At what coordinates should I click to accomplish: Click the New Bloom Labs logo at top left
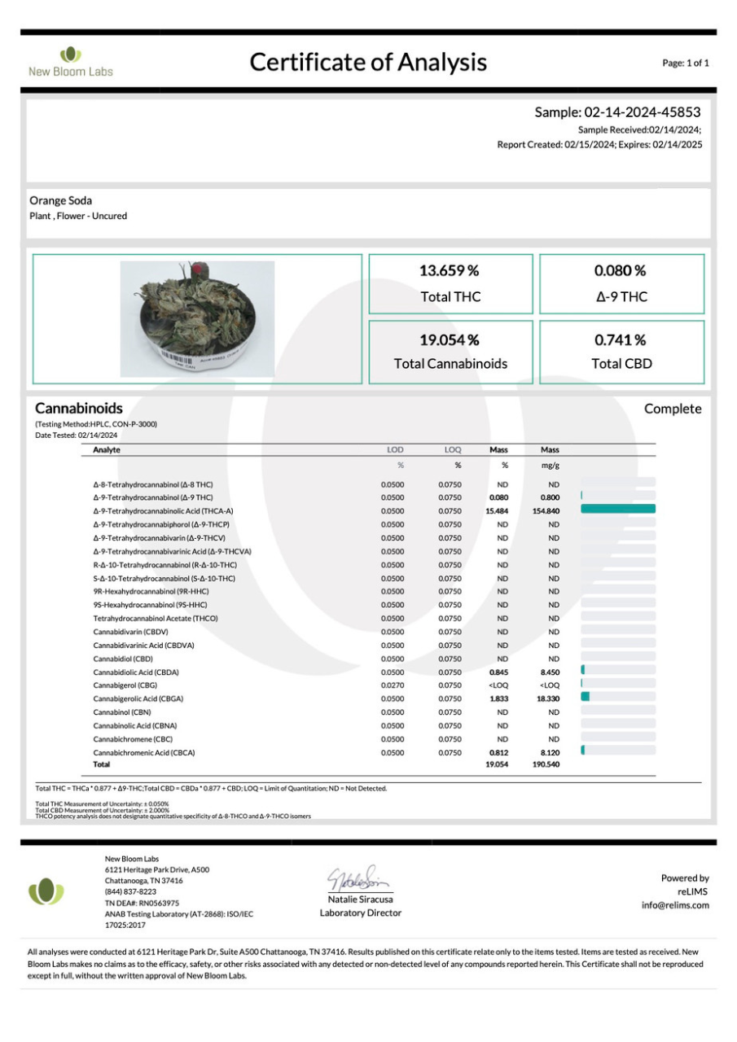pyautogui.click(x=71, y=62)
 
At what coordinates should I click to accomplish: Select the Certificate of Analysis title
pyautogui.click(x=368, y=62)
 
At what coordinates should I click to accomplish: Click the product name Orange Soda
pyautogui.click(x=60, y=200)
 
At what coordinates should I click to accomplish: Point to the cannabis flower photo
pyautogui.click(x=197, y=319)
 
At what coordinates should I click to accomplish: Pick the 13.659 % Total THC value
pyautogui.click(x=450, y=270)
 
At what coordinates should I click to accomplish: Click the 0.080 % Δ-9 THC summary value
pyautogui.click(x=621, y=270)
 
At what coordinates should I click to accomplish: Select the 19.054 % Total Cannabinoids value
pyautogui.click(x=450, y=339)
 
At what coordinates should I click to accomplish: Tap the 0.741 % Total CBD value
pyautogui.click(x=621, y=339)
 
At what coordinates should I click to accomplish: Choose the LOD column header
pyautogui.click(x=394, y=449)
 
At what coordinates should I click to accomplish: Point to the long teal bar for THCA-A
pyautogui.click(x=618, y=510)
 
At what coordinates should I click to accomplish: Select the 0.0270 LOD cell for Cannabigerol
pyautogui.click(x=393, y=685)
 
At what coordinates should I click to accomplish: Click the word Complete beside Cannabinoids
pyautogui.click(x=672, y=409)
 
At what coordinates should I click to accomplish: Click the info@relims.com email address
pyautogui.click(x=675, y=904)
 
